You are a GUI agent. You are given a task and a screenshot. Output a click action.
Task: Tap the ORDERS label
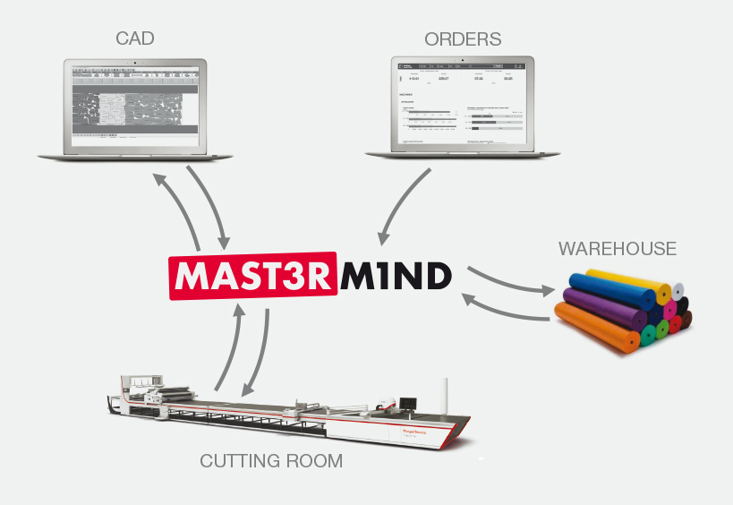click(463, 39)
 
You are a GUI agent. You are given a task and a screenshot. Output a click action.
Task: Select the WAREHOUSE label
click(618, 248)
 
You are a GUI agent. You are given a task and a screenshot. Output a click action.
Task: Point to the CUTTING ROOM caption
click(271, 461)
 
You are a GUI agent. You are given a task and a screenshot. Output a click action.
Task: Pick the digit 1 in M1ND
click(379, 277)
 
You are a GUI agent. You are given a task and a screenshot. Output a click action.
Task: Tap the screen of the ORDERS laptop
click(462, 102)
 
